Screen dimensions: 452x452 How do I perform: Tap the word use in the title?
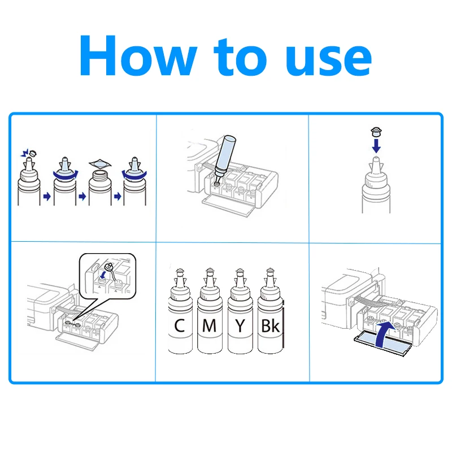(329, 61)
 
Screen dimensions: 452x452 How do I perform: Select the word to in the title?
(241, 58)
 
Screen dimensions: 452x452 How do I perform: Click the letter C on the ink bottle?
(179, 326)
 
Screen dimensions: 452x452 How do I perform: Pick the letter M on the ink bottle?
(210, 326)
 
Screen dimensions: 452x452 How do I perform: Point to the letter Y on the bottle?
(240, 326)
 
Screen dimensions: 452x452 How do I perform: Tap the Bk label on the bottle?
(270, 326)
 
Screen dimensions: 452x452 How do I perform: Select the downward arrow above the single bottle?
(376, 146)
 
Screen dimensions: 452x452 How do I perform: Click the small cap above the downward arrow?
(376, 132)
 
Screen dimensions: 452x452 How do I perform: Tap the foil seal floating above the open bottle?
(100, 164)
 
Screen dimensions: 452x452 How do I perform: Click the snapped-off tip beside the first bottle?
(33, 153)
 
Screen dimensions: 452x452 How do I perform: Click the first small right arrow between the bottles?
(47, 197)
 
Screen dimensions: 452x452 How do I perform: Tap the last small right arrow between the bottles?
(118, 197)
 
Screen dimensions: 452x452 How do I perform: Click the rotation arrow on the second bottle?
(65, 176)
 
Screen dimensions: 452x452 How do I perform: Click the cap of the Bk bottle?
(270, 271)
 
